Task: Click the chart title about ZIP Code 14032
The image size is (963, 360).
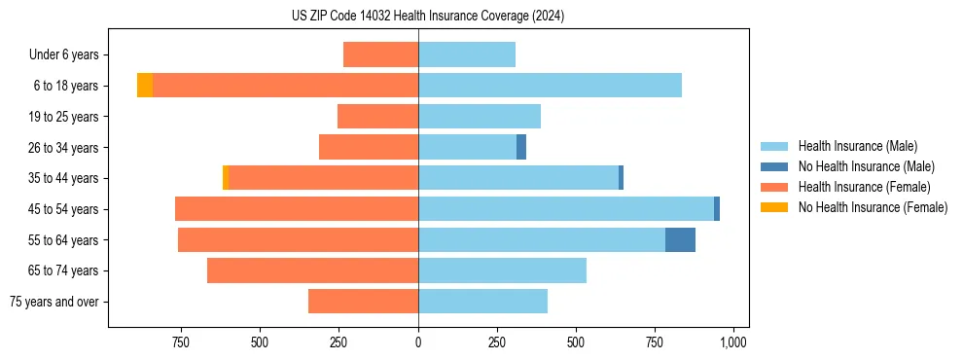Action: pyautogui.click(x=427, y=16)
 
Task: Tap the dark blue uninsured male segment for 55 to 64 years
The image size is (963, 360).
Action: pyautogui.click(x=680, y=239)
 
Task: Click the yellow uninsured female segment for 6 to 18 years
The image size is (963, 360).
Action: pyautogui.click(x=144, y=86)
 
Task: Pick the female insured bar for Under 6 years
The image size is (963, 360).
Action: pyautogui.click(x=380, y=54)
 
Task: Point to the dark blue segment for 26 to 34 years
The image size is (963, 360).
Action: pyautogui.click(x=521, y=147)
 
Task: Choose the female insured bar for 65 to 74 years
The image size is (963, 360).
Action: pyautogui.click(x=312, y=270)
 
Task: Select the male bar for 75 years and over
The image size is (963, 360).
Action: pyautogui.click(x=482, y=302)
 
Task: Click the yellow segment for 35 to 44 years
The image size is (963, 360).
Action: pyautogui.click(x=226, y=178)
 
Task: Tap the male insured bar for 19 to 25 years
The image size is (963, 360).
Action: pyautogui.click(x=479, y=117)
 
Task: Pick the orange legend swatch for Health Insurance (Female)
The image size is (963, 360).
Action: pyautogui.click(x=774, y=187)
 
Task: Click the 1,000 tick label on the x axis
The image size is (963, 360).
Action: pyautogui.click(x=732, y=342)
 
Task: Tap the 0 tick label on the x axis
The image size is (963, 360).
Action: pyautogui.click(x=418, y=342)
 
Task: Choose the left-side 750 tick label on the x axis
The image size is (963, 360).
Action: pyautogui.click(x=180, y=342)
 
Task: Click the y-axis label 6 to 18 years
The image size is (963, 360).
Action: pyautogui.click(x=65, y=86)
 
